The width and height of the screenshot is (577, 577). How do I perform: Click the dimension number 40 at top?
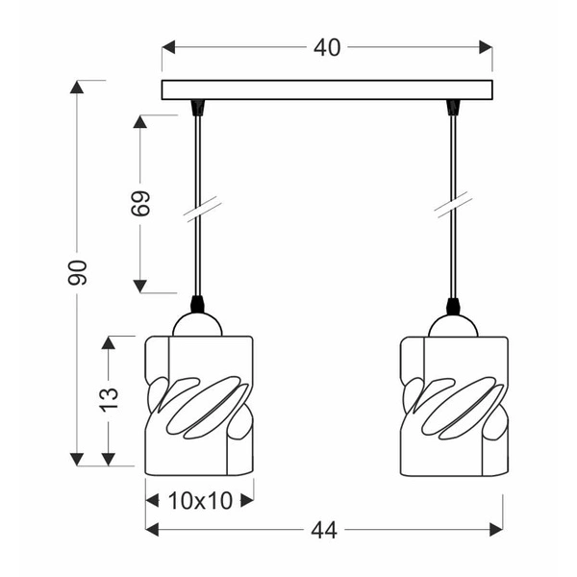tap(327, 47)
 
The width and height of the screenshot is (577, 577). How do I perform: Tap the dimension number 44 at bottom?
tap(324, 529)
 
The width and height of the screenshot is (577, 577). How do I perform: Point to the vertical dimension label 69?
tap(141, 204)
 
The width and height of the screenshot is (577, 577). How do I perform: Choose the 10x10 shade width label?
tap(199, 500)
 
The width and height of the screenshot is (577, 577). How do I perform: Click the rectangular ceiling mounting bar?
tap(327, 90)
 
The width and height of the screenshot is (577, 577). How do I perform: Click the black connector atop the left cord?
tap(199, 106)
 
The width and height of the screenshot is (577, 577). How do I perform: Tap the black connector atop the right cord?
tap(453, 106)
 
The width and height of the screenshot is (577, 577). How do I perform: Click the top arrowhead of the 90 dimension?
tap(77, 87)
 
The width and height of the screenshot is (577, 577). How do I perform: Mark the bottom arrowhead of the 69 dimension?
tap(140, 286)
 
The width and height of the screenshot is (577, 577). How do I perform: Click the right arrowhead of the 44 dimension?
tap(496, 529)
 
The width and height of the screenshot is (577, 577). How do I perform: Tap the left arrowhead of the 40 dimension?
tap(168, 47)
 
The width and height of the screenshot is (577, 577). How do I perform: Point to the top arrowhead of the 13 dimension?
tap(109, 341)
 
